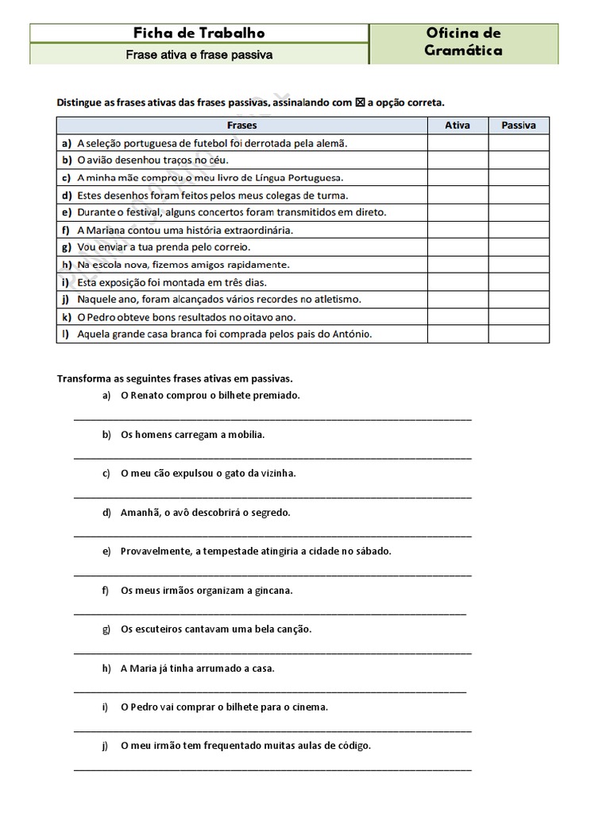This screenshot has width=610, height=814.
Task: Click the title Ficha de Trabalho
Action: click(199, 33)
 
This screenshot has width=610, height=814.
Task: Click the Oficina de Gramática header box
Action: click(464, 43)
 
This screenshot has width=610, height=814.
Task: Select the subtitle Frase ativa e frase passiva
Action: click(199, 55)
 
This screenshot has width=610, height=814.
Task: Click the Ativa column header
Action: click(457, 126)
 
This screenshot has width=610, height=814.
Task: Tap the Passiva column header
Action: click(519, 126)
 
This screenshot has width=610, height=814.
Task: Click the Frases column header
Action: click(242, 126)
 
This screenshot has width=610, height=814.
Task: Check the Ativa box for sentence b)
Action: click(457, 161)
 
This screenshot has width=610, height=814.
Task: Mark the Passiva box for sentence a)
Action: click(519, 143)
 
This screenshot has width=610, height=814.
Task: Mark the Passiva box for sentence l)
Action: click(519, 335)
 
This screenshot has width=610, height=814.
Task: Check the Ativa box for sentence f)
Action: click(457, 231)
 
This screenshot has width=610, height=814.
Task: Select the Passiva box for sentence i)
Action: click(519, 282)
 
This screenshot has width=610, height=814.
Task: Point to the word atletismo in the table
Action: click(334, 300)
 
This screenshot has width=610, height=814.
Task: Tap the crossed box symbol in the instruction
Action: click(360, 103)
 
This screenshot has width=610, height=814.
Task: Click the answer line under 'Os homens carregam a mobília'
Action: click(272, 457)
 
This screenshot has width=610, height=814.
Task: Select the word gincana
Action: click(274, 590)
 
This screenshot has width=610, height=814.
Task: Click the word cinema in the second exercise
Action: click(311, 707)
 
